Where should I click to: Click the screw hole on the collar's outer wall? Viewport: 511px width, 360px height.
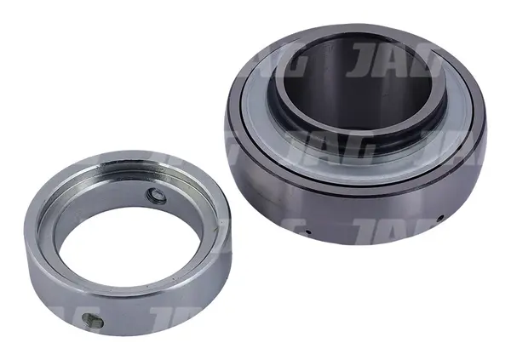(93, 321)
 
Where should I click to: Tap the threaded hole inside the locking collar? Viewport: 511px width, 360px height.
(157, 196)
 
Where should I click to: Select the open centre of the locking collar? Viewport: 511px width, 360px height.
(130, 248)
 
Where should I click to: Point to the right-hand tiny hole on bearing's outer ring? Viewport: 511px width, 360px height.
(440, 218)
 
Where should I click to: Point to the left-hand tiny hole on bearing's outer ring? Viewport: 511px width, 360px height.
(308, 232)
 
